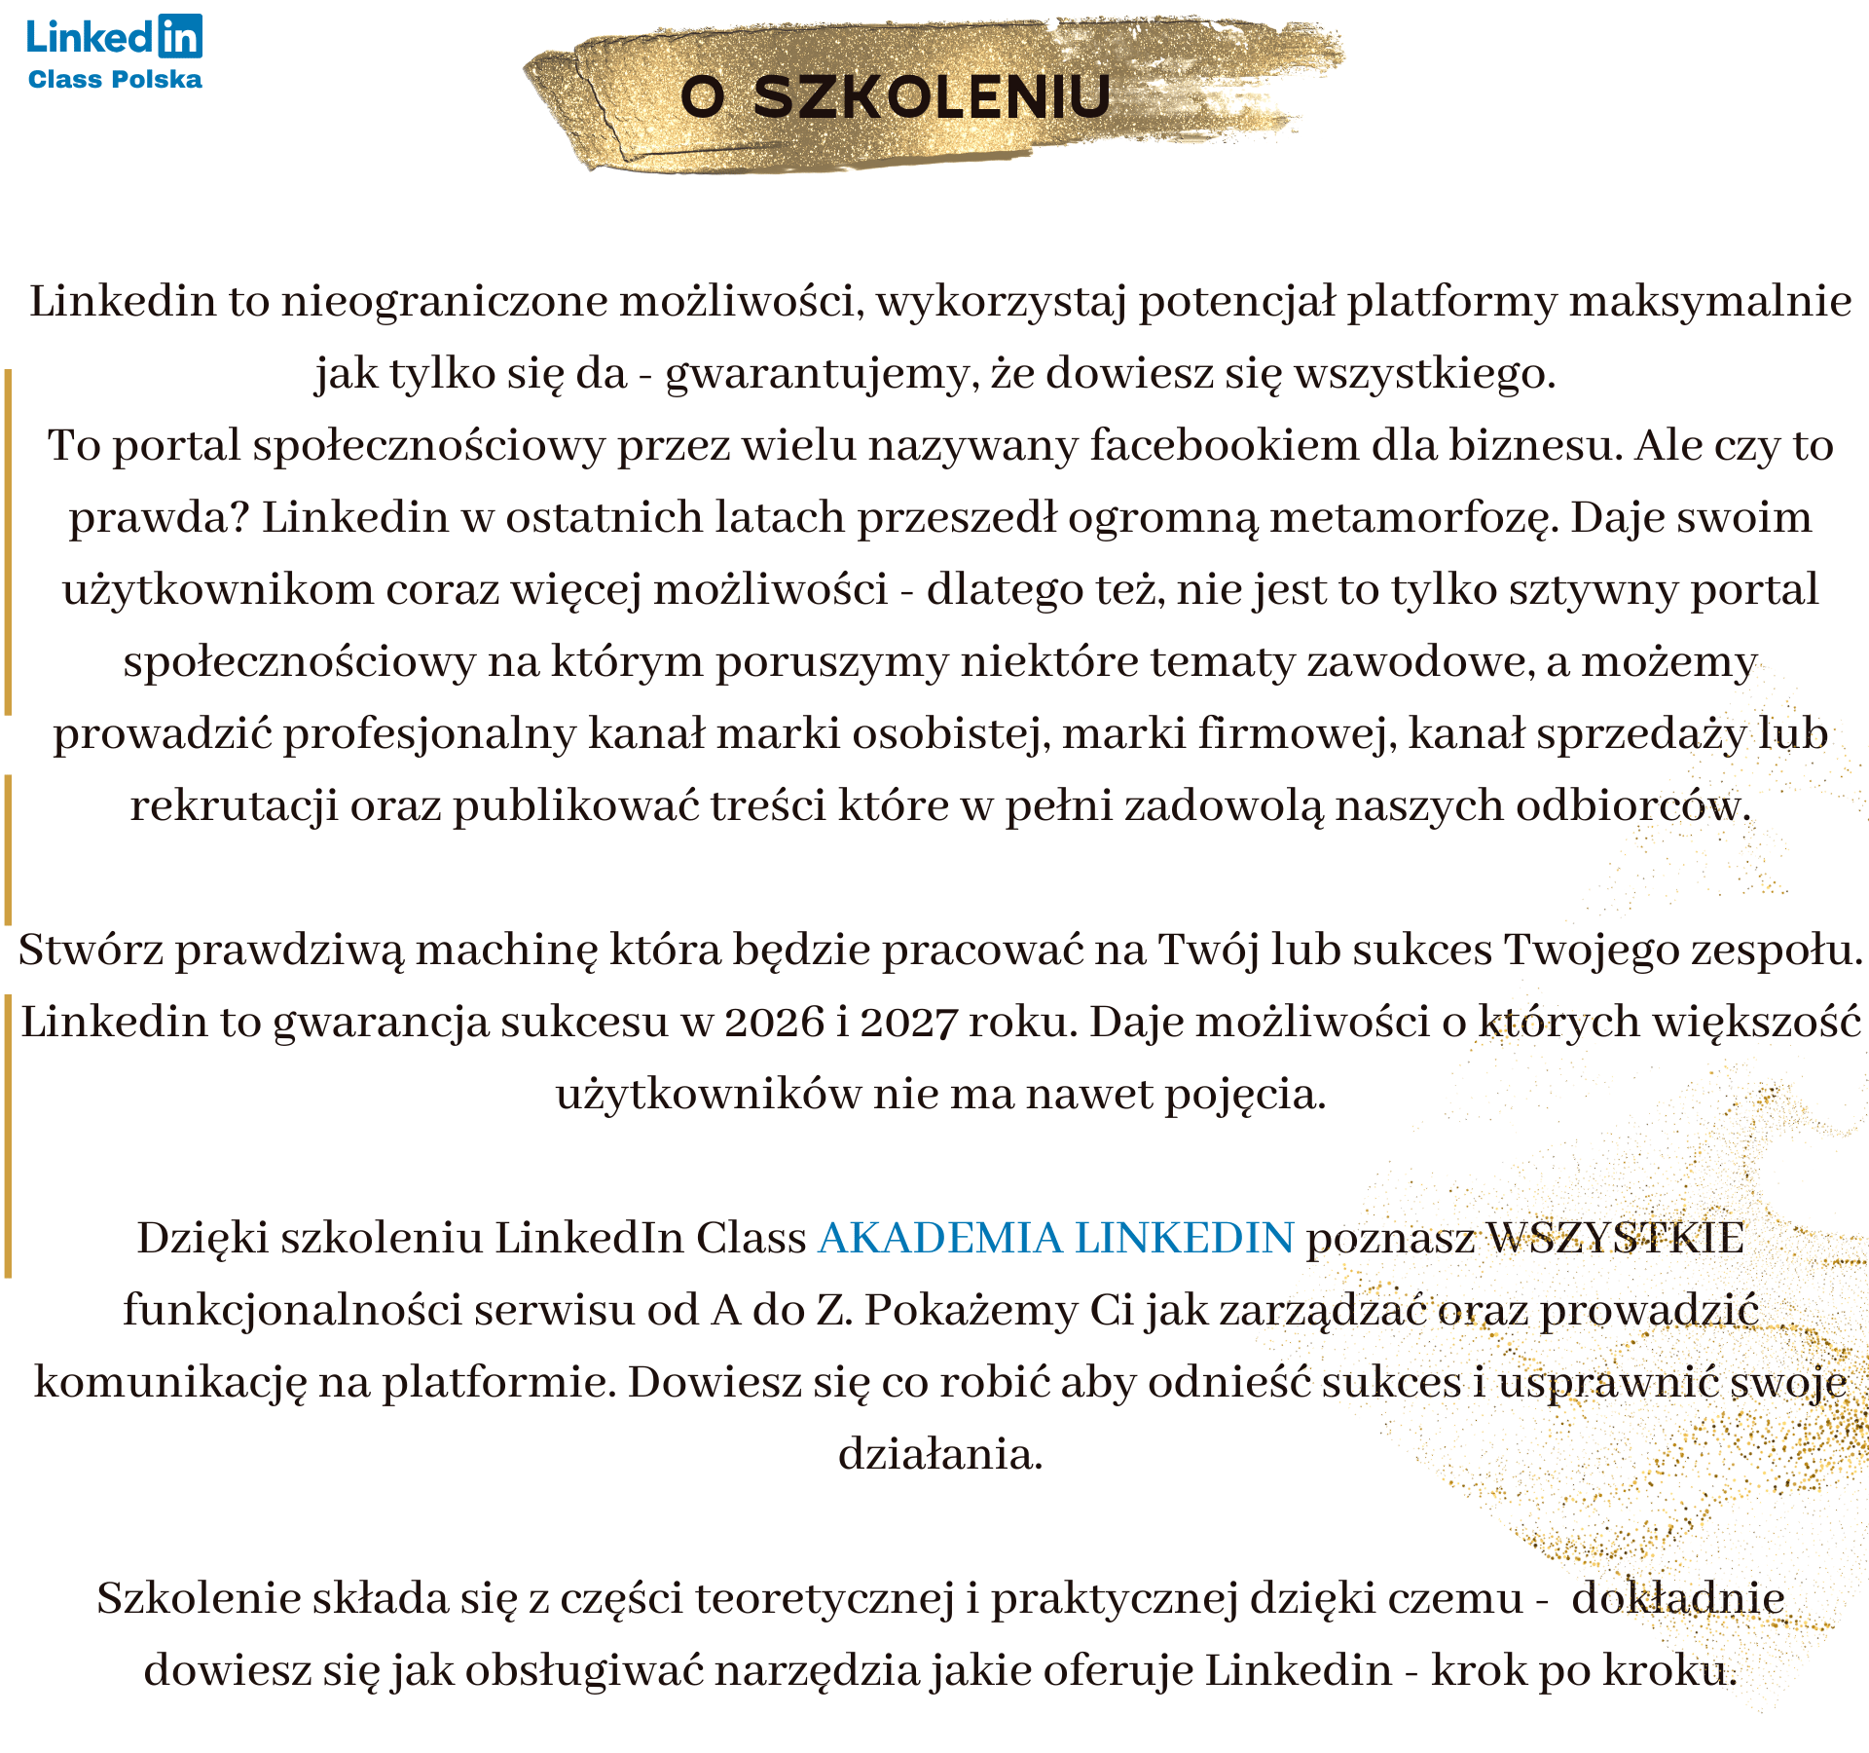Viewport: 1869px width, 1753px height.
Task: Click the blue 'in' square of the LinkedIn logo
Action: tap(179, 36)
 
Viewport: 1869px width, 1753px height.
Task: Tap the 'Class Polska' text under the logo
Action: tap(115, 80)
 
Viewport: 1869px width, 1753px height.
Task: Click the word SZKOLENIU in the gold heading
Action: tap(932, 96)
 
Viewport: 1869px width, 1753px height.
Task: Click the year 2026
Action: tap(775, 1023)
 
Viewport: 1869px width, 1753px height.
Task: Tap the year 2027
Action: tap(909, 1023)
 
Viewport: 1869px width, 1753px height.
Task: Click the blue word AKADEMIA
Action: tap(940, 1238)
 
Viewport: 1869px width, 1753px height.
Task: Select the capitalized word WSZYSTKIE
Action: tap(1616, 1238)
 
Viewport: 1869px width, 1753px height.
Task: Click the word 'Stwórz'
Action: tap(91, 951)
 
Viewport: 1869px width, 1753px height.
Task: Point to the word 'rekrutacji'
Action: tap(235, 806)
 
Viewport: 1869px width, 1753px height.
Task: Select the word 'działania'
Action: tap(940, 1455)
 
